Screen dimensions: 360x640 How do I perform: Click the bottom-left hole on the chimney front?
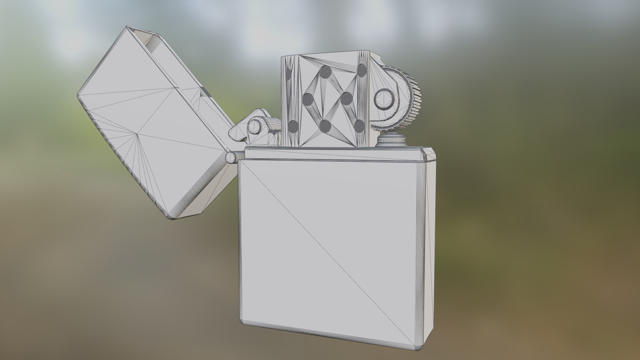click(293, 126)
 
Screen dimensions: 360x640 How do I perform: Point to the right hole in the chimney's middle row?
click(347, 97)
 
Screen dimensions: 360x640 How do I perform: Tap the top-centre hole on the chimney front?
click(326, 71)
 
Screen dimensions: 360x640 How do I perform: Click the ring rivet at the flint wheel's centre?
click(386, 99)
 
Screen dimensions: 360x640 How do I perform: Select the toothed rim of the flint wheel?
click(415, 100)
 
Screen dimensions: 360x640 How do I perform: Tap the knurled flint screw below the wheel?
click(392, 140)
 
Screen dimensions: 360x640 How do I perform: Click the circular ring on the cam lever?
click(255, 127)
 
